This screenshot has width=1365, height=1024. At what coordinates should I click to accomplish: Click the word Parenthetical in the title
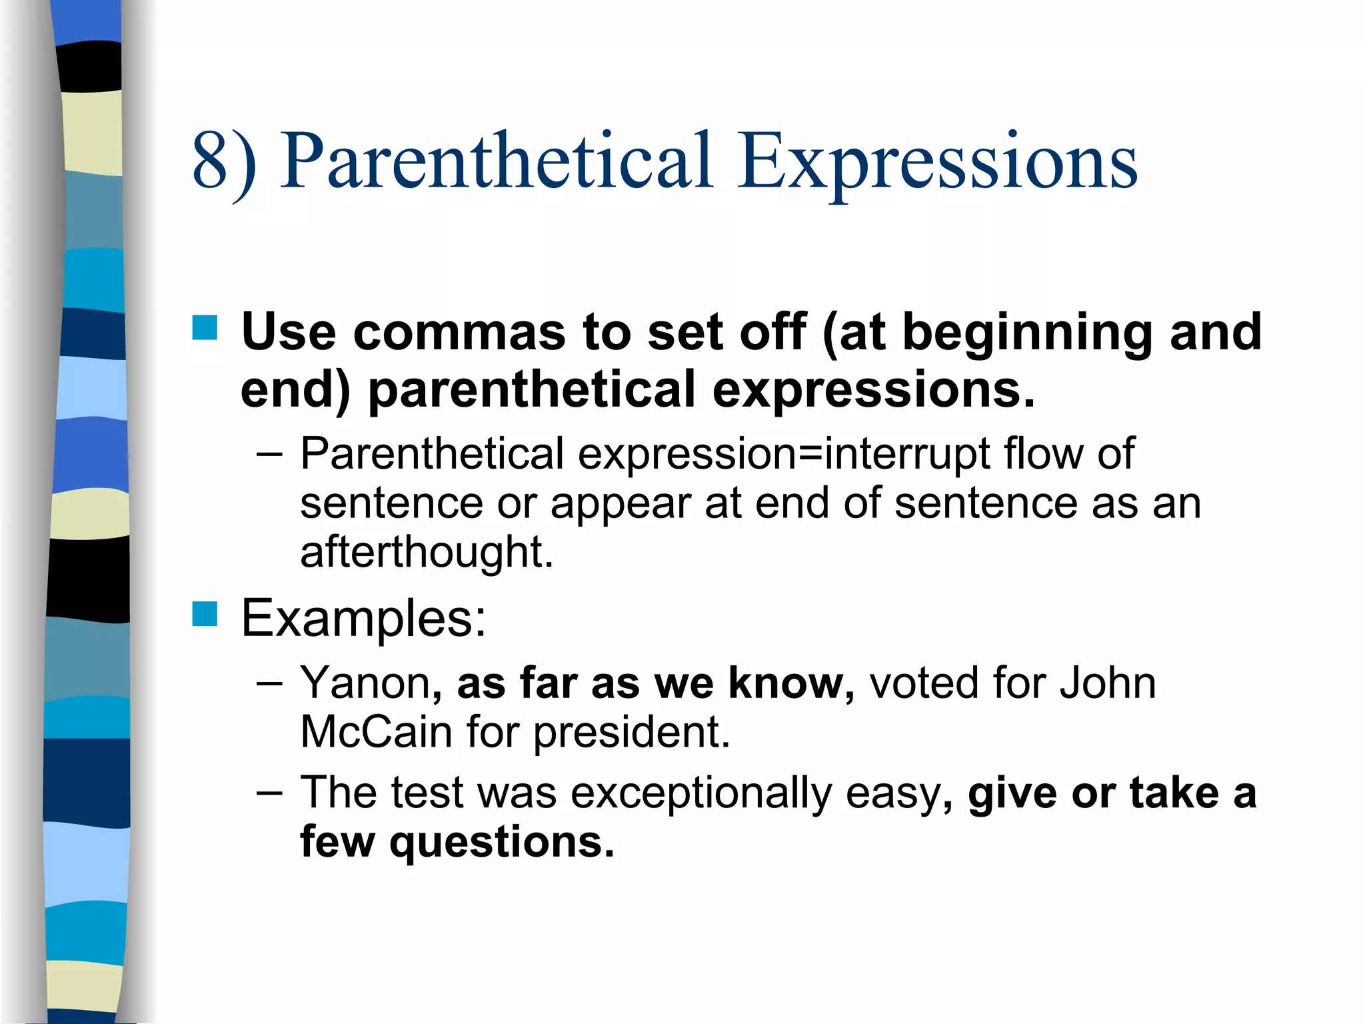(496, 161)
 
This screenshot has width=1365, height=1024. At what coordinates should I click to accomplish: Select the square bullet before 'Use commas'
(205, 328)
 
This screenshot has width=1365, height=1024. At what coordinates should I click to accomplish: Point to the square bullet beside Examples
(205, 614)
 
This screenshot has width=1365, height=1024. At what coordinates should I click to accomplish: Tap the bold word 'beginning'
(1027, 333)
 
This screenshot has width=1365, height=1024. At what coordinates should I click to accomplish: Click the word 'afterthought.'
(427, 552)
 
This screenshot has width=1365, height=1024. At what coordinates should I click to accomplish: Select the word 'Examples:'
(363, 619)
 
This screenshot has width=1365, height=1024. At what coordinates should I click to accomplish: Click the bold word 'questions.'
(502, 843)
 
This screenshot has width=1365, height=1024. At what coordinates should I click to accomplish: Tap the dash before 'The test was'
(269, 793)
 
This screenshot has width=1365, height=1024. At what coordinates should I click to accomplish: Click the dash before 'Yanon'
(269, 684)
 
